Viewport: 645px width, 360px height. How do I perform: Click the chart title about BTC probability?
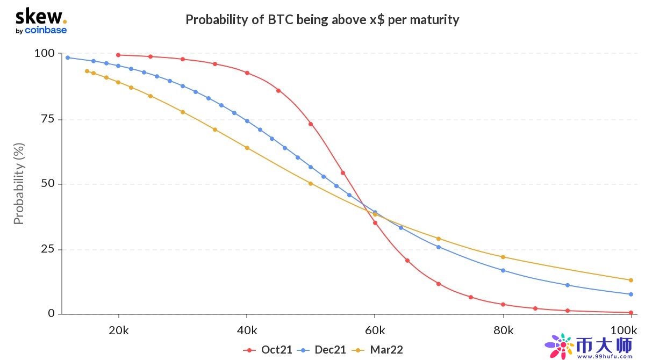point(322,20)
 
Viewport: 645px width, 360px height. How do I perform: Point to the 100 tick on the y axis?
point(44,53)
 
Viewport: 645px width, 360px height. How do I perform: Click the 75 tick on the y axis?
point(47,119)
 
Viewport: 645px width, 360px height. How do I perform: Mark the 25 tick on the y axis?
point(47,249)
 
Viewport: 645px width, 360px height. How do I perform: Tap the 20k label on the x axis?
point(118,329)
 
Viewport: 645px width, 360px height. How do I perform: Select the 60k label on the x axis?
point(375,329)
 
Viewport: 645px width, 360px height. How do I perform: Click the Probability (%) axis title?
point(19,184)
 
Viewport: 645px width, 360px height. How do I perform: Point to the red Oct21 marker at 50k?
point(311,124)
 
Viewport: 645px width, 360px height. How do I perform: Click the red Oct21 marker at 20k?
point(118,55)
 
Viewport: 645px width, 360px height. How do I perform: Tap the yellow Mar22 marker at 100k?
point(631,280)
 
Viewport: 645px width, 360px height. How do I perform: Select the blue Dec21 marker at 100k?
point(631,294)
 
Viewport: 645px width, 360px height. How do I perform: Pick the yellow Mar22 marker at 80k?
point(503,257)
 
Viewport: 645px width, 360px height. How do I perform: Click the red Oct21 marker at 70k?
point(439,284)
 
